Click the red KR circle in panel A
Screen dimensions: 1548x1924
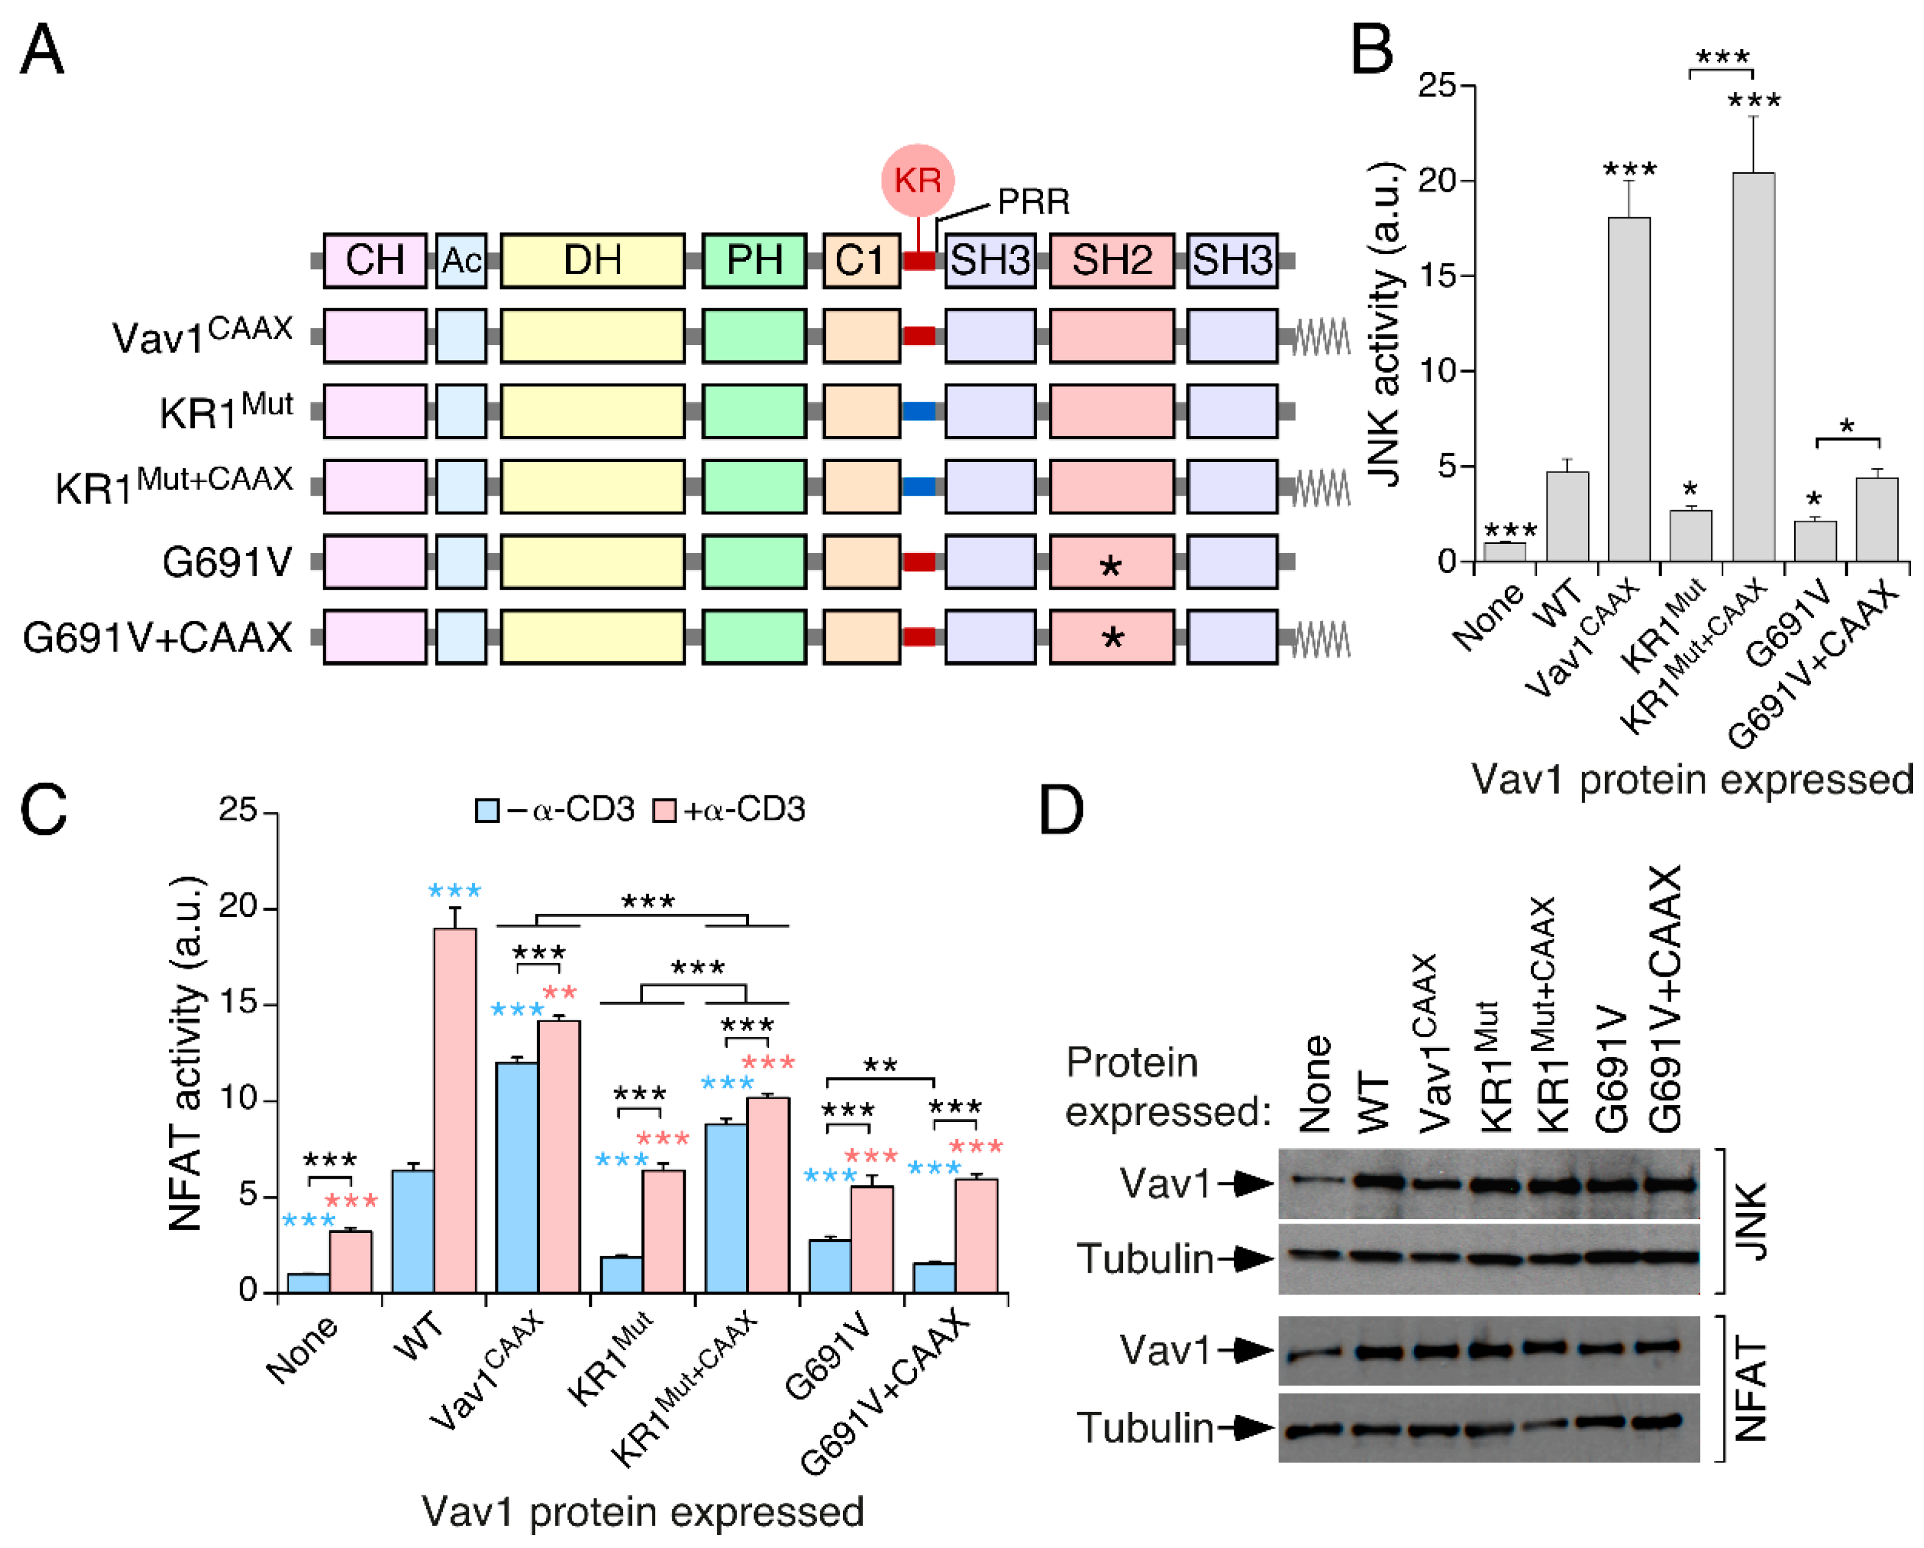917,180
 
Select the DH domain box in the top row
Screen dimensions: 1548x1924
592,261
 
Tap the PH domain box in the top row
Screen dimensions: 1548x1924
754,261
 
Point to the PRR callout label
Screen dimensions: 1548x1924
1033,202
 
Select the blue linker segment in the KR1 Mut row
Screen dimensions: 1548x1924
918,411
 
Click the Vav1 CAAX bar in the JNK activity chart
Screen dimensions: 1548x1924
1629,388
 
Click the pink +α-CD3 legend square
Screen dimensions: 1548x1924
664,810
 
